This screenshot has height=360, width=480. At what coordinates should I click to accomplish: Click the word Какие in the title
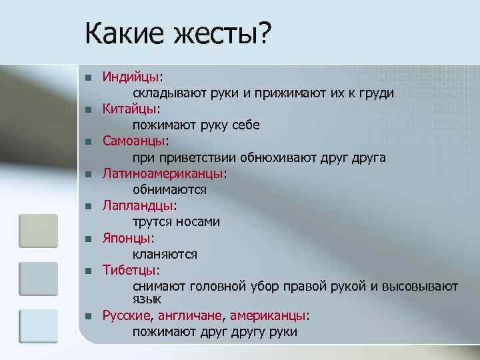point(122,33)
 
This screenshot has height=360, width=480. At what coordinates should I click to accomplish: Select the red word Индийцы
point(131,77)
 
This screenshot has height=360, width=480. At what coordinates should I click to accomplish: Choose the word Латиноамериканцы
point(163,173)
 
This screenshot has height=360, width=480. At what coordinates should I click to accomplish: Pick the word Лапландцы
point(137,205)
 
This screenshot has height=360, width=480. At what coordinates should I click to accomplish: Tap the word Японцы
point(127,237)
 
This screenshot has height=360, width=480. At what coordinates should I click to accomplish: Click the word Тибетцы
point(129,270)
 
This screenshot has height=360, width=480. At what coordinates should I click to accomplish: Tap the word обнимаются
point(169,189)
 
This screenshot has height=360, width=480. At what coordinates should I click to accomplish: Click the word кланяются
point(164,254)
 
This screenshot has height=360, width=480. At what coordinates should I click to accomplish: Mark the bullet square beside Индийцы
point(87,77)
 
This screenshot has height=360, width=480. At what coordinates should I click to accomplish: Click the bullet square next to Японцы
point(87,238)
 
